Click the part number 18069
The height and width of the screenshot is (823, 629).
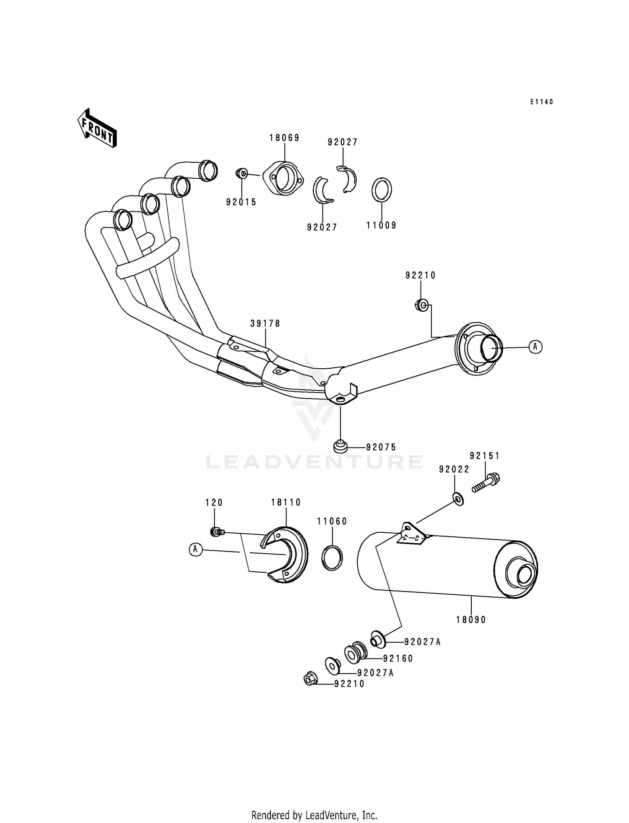284,138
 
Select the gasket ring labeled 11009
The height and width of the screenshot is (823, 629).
382,190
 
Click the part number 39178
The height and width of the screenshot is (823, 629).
265,323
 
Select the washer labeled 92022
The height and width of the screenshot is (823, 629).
458,499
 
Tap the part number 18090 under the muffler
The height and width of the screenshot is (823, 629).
471,620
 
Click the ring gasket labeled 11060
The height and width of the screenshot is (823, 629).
332,558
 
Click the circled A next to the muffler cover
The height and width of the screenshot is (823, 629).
195,549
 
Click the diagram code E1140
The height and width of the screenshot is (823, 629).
542,102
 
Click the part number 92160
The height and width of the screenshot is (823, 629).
398,659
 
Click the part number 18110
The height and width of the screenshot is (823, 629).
286,502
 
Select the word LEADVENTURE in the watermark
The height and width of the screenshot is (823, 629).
314,462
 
